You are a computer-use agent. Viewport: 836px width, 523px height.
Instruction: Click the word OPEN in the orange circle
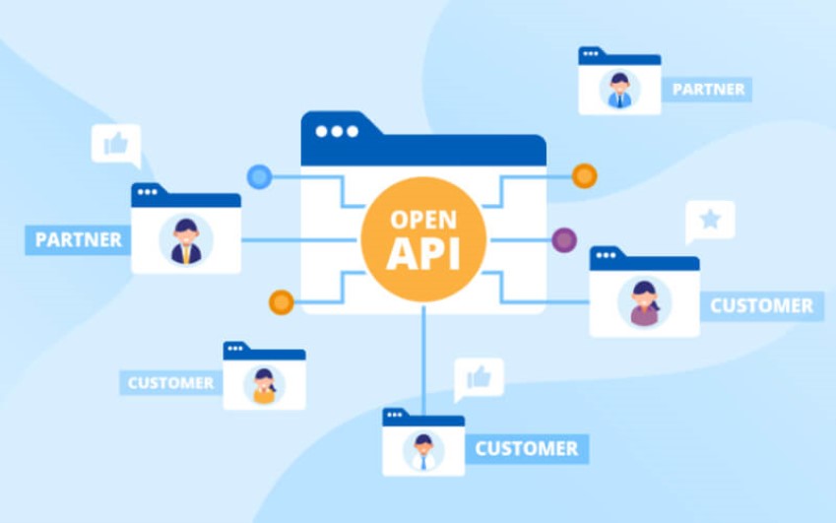click(x=423, y=219)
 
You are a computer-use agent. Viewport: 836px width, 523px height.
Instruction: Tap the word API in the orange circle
click(x=423, y=253)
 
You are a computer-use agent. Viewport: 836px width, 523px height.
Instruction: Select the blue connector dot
click(x=260, y=177)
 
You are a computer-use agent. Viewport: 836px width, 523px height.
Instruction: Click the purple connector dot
click(x=564, y=240)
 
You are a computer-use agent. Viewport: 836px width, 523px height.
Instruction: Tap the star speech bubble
click(x=710, y=221)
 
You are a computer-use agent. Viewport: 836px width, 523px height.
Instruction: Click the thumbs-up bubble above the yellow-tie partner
click(x=116, y=145)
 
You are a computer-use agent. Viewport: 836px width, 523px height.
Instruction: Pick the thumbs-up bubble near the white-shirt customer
click(x=479, y=379)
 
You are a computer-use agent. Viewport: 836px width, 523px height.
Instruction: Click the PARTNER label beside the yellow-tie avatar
click(x=78, y=240)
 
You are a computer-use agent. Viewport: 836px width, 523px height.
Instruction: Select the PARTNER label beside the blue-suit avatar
click(x=708, y=89)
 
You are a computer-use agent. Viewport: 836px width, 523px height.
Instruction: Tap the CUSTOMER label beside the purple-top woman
click(x=762, y=306)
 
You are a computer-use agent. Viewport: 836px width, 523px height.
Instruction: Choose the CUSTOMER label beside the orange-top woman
click(x=170, y=383)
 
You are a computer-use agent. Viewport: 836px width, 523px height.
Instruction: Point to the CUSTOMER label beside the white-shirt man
click(x=527, y=449)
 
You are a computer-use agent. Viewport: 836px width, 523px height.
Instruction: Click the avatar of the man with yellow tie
click(x=186, y=241)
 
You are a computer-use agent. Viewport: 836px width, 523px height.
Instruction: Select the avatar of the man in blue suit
click(x=619, y=90)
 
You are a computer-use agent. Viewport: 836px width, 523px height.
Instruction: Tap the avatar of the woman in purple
click(x=645, y=302)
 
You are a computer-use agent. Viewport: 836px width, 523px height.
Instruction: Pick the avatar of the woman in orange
click(x=264, y=385)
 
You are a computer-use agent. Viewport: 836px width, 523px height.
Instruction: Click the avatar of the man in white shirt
click(x=423, y=451)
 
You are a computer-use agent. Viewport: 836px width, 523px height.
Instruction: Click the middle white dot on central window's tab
click(x=337, y=132)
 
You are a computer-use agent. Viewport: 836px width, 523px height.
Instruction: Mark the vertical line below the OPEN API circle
click(x=423, y=359)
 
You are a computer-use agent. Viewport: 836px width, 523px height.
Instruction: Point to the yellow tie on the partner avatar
click(x=186, y=255)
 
